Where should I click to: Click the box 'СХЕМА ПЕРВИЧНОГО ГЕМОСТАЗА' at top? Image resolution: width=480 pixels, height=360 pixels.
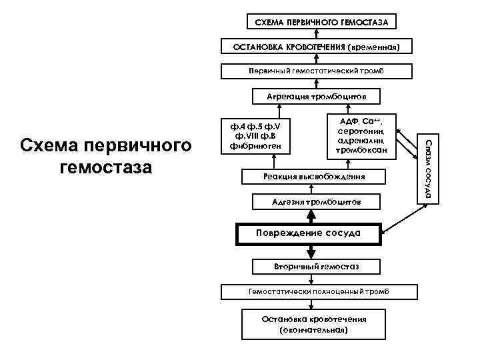322,22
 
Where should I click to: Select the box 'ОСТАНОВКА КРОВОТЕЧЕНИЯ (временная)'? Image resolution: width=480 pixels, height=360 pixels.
316,47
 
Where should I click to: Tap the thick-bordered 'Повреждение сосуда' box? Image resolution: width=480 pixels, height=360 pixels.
309,233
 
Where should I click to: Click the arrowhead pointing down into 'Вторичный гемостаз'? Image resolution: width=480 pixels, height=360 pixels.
310,253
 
